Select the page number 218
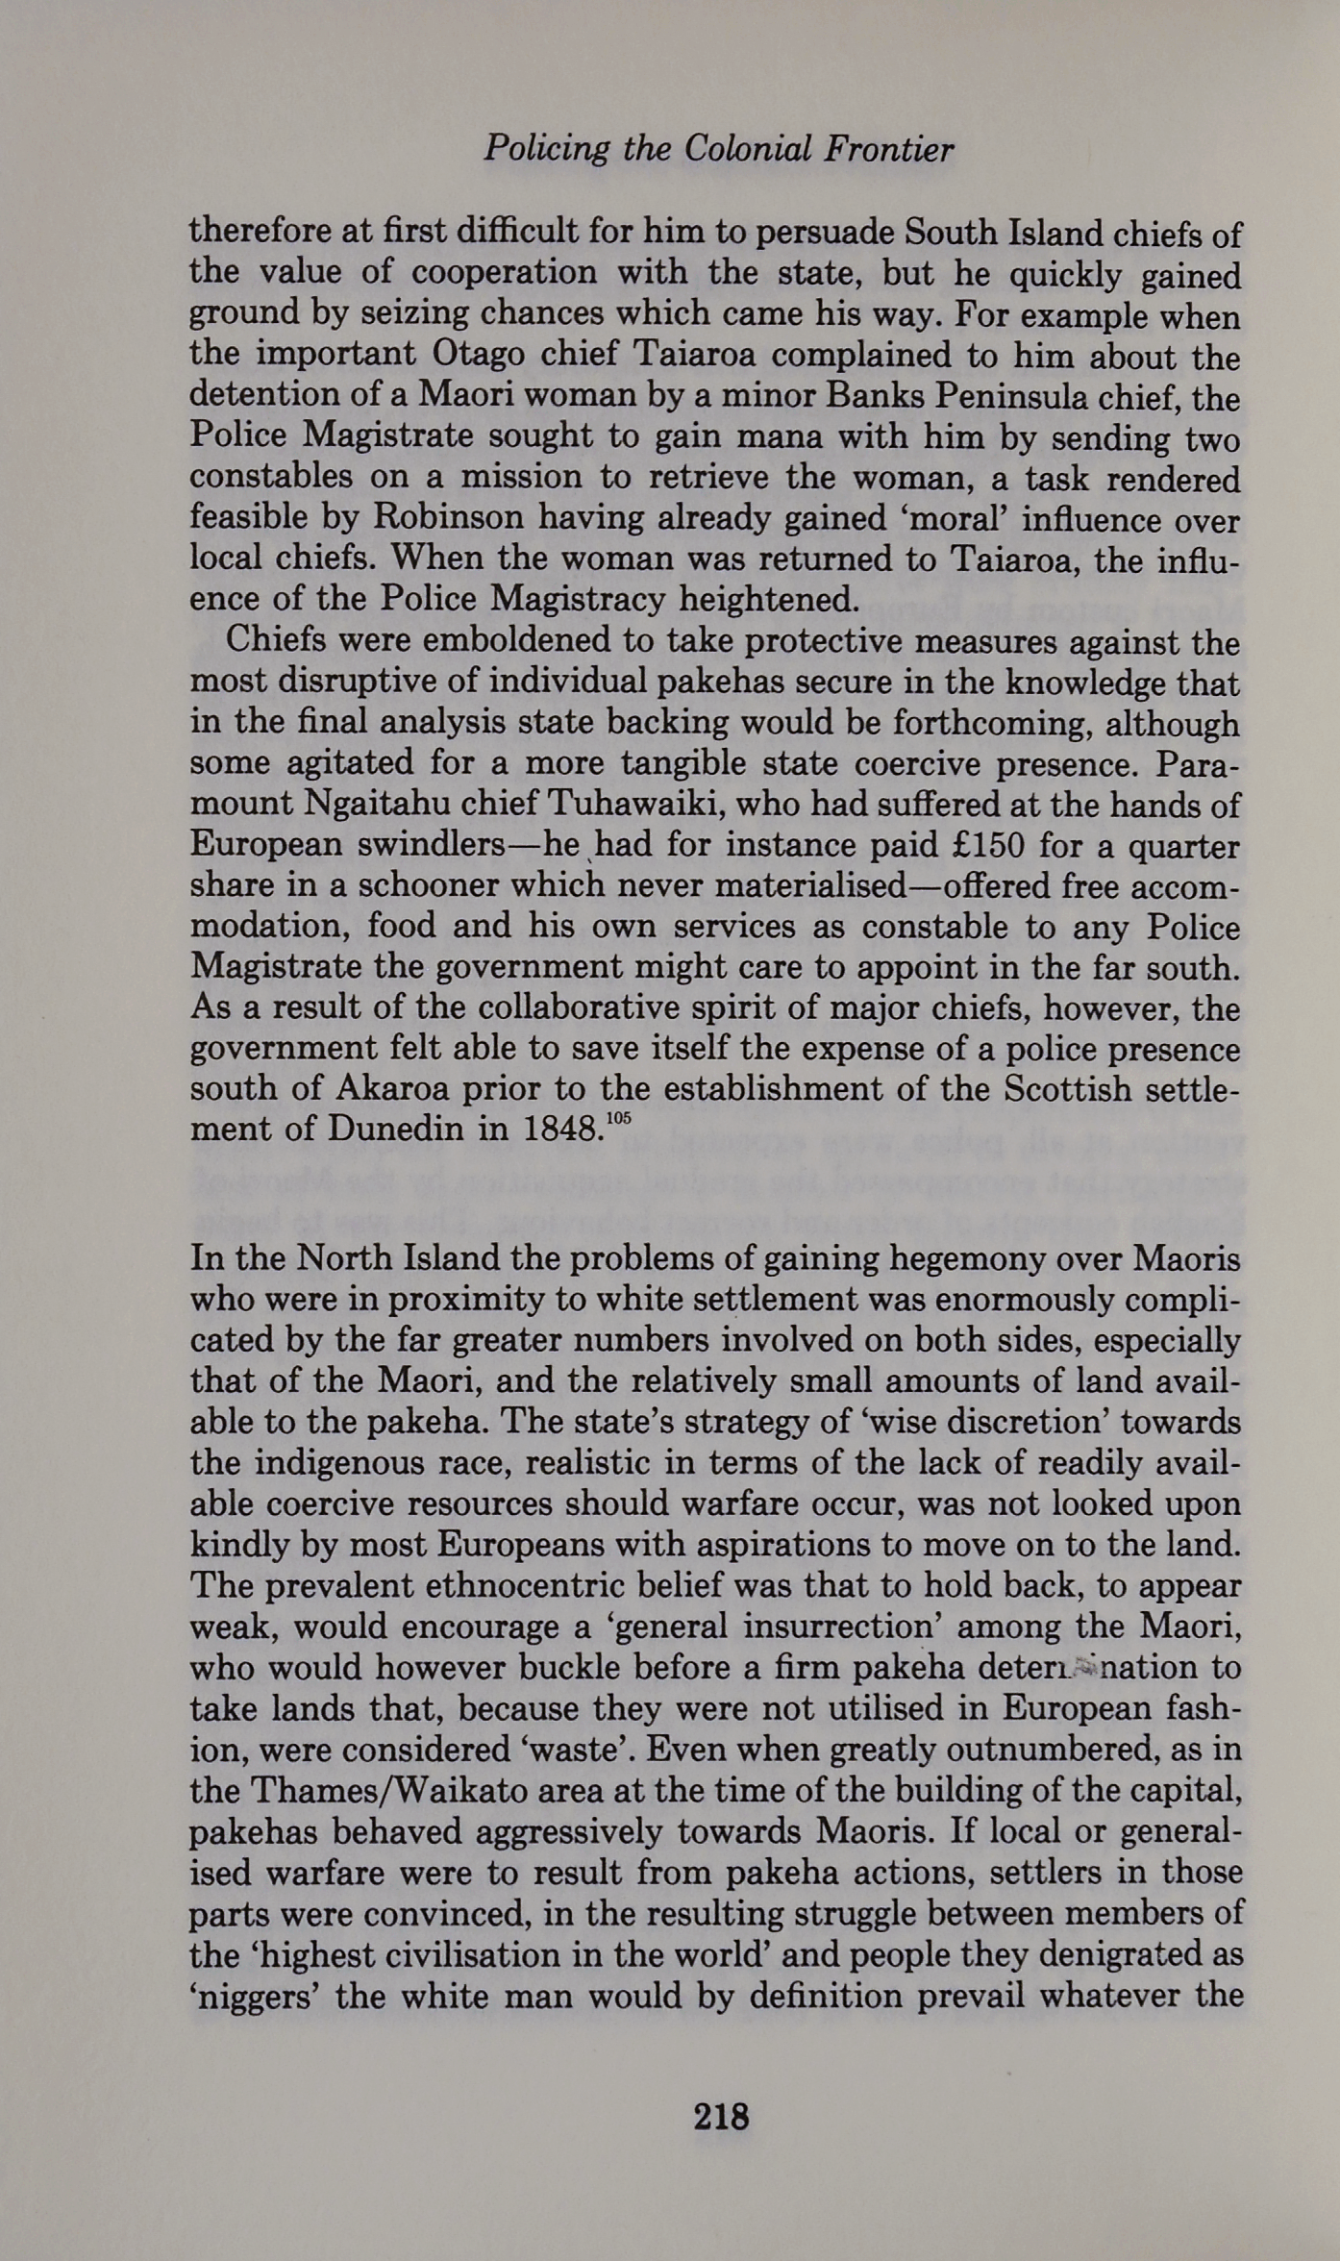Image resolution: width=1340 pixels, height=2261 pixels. pos(721,2117)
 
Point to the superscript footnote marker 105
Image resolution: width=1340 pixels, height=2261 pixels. pos(620,1119)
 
